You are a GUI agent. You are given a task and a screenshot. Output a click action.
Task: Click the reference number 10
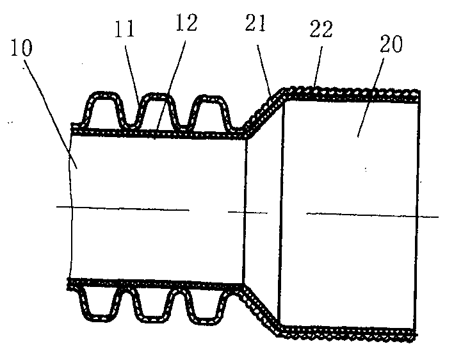[21, 48]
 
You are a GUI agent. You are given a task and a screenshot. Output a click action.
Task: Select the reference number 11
[125, 29]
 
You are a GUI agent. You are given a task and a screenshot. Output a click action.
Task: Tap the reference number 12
[187, 22]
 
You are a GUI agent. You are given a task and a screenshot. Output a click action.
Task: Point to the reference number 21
[255, 23]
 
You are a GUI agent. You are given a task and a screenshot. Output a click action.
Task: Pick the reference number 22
[321, 29]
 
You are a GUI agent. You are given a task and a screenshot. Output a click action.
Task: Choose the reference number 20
[391, 44]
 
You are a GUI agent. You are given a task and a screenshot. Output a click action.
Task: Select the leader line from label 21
[264, 70]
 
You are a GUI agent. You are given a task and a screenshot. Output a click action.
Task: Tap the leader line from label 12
[170, 85]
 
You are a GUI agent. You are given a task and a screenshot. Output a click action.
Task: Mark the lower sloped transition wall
[262, 310]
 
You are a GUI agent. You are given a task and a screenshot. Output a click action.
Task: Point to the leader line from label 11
[132, 72]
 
